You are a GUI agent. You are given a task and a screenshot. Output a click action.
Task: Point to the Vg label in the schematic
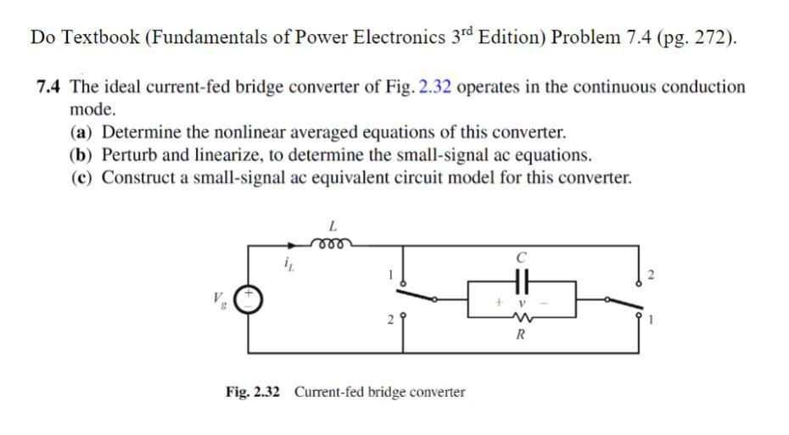pyautogui.click(x=221, y=299)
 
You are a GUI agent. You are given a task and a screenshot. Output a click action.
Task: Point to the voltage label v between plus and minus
pyautogui.click(x=523, y=300)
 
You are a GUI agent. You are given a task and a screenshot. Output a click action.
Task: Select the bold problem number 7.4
pyautogui.click(x=50, y=87)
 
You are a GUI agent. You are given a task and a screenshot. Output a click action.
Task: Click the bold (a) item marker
pyautogui.click(x=81, y=132)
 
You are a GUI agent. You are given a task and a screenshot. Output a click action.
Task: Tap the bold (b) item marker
pyautogui.click(x=82, y=155)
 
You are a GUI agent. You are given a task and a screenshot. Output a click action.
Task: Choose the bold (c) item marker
pyautogui.click(x=81, y=178)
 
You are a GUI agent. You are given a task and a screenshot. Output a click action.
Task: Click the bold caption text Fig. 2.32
pyautogui.click(x=253, y=392)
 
